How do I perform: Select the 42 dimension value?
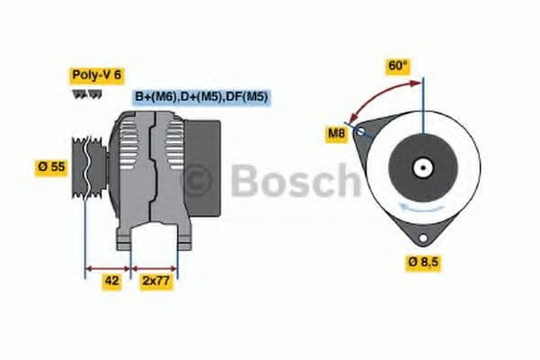tap(112, 280)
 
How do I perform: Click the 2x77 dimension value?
tap(155, 280)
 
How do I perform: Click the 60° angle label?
tap(398, 66)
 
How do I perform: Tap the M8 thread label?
tap(337, 135)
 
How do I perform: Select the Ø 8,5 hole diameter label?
tap(423, 262)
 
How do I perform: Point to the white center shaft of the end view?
tap(421, 167)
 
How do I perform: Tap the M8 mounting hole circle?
tap(362, 131)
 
